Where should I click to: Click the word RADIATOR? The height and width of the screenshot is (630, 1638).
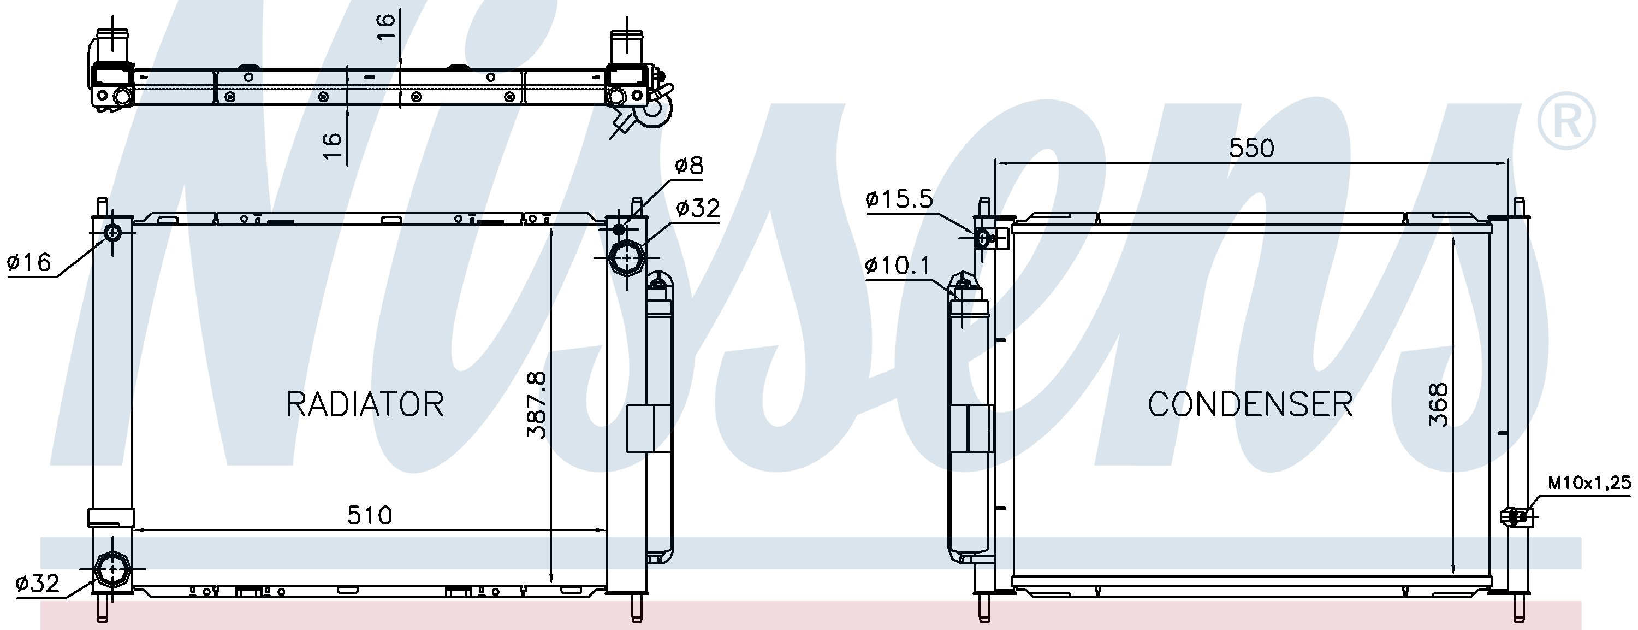click(364, 404)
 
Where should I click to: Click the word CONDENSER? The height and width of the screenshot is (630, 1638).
click(1250, 404)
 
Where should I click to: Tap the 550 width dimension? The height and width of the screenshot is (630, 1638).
click(1251, 148)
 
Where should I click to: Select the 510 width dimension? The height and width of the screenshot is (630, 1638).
click(370, 515)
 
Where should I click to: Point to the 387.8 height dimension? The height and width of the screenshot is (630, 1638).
click(537, 405)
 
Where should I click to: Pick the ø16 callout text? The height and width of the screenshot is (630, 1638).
click(29, 262)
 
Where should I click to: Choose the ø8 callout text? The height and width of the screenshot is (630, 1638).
click(689, 166)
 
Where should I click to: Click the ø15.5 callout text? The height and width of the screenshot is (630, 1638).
click(899, 199)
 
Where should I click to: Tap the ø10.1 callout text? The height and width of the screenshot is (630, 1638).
click(897, 266)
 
